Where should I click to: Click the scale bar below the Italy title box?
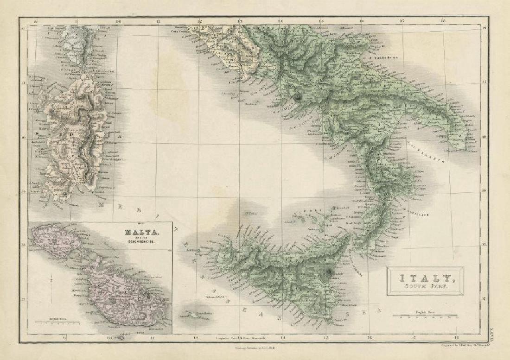pyautogui.click(x=425, y=316)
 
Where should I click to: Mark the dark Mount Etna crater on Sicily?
pyautogui.click(x=329, y=273)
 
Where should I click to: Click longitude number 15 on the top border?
pyautogui.click(x=321, y=21)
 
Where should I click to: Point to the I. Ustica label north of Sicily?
pyautogui.click(x=250, y=214)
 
